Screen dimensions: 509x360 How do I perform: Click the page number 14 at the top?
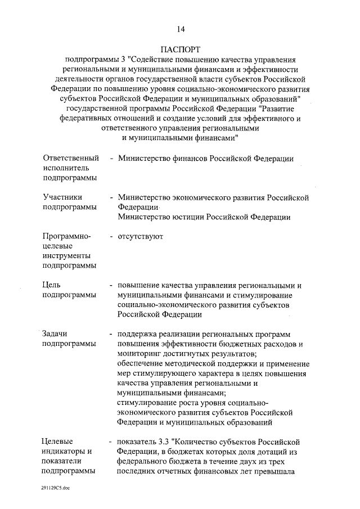[180, 29]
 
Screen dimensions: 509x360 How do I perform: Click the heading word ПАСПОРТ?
[180, 49]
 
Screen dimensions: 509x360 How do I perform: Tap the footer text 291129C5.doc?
[55, 490]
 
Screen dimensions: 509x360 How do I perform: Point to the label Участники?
[62, 197]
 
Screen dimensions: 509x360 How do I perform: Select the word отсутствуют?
[141, 236]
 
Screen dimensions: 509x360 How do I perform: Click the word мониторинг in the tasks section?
[141, 353]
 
